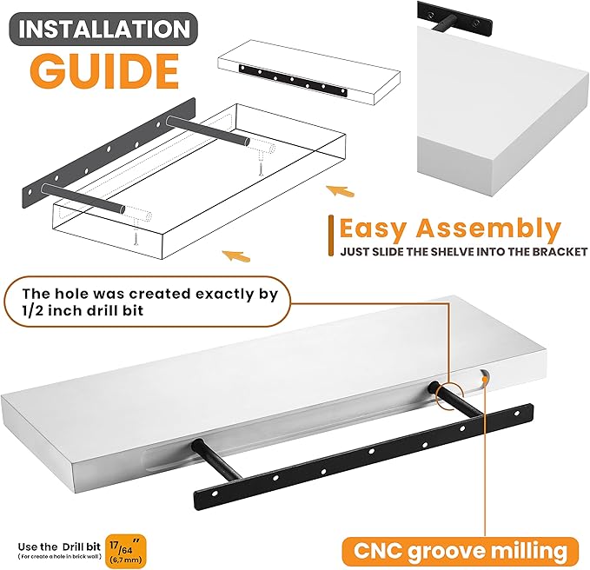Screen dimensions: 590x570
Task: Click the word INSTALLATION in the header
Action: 104,29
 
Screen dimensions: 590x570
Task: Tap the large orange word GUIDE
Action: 104,71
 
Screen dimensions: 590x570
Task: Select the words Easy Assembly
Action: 450,229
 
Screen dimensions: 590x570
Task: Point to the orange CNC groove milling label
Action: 461,551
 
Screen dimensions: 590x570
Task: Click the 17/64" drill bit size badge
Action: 126,551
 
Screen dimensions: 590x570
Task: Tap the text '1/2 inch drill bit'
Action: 83,311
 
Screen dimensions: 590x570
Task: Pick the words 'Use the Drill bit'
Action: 59,547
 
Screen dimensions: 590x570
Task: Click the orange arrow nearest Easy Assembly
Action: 340,191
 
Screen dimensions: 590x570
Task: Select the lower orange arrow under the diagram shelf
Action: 236,256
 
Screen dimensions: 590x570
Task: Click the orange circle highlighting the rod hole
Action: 449,396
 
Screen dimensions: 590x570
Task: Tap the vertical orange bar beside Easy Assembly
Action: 331,235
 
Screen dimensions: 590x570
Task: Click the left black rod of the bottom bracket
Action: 216,461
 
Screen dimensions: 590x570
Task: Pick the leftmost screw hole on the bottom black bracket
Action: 215,493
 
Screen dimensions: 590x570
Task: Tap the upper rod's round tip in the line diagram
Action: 247,142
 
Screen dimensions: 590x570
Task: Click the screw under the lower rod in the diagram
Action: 136,238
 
